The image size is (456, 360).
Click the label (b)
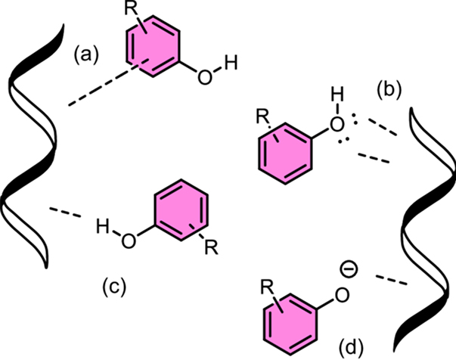click(392, 88)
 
